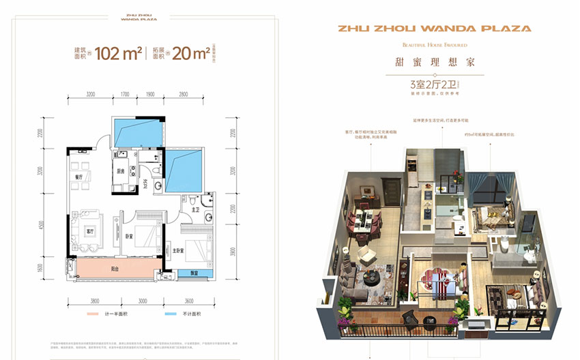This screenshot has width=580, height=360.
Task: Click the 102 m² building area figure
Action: pos(118,54)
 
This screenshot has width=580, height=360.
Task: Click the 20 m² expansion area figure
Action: pos(190,54)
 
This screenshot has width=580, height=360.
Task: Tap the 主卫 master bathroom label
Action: pos(194,210)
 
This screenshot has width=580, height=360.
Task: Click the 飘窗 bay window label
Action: pos(194,273)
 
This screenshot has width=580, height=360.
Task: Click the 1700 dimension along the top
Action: pos(125,95)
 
